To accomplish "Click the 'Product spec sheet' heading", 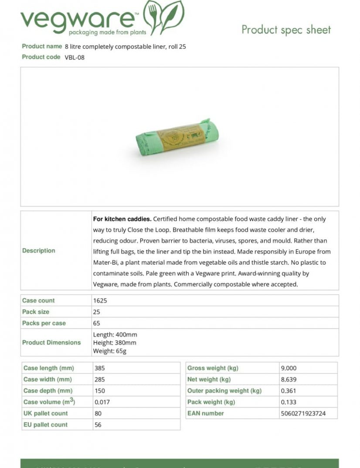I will point(286,30).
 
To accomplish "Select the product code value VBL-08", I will point(75,58).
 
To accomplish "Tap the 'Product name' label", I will point(42,46).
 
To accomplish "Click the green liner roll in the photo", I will point(177,137).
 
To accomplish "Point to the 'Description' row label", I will point(39,251).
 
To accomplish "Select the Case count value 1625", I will point(100,301).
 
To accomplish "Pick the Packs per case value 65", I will point(96,323).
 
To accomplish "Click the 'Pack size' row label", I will point(36,312).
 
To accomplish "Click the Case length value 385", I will point(99,368).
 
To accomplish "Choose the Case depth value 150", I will point(99,391).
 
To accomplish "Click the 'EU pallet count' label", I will point(45,425).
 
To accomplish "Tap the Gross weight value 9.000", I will point(289,368).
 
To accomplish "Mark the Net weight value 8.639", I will point(289,379).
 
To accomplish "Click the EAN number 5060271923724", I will point(303,413).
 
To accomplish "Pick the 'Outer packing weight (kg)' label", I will point(224,391).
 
